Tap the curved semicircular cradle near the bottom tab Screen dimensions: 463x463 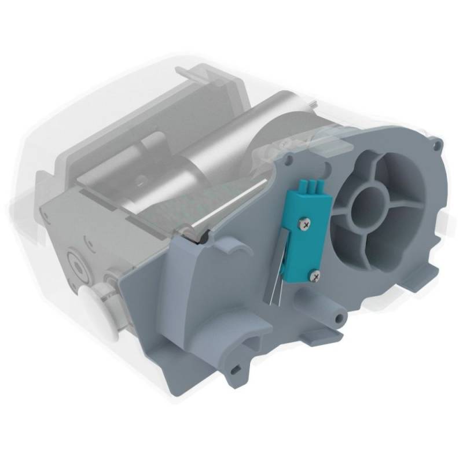tap(255, 341)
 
